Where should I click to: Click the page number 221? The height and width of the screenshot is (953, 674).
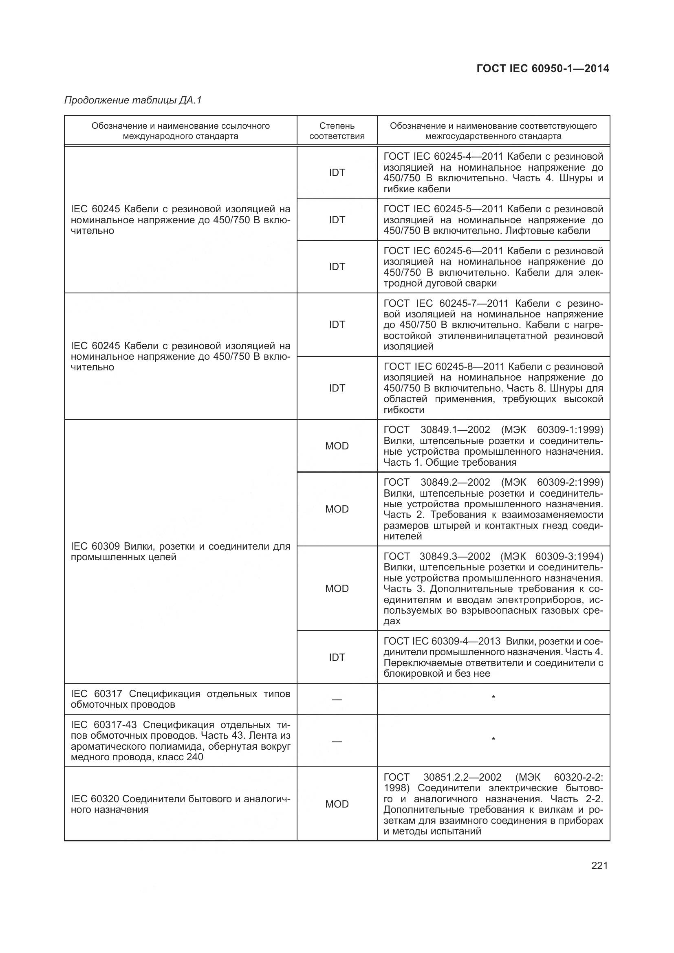pyautogui.click(x=599, y=865)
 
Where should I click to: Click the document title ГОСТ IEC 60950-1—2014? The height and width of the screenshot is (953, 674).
pyautogui.click(x=542, y=68)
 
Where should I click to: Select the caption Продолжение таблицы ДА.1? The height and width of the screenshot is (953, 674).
pyautogui.click(x=133, y=101)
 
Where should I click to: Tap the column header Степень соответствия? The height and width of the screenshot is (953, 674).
pyautogui.click(x=337, y=131)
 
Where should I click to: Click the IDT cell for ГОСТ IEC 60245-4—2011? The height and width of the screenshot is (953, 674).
pyautogui.click(x=337, y=173)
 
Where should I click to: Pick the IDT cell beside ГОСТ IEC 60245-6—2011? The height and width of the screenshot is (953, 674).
pyautogui.click(x=337, y=267)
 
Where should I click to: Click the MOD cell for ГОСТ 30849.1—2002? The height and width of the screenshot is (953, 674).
pyautogui.click(x=337, y=446)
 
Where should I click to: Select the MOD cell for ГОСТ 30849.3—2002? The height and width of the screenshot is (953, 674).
pyautogui.click(x=337, y=588)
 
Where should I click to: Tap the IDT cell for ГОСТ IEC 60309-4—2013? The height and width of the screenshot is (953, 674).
pyautogui.click(x=337, y=657)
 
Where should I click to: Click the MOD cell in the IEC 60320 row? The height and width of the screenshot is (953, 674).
pyautogui.click(x=337, y=804)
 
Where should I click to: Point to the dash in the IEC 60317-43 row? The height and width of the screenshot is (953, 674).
pyautogui.click(x=337, y=741)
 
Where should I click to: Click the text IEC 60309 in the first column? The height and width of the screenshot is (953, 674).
pyautogui.click(x=96, y=546)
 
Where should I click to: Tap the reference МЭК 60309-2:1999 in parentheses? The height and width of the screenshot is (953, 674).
pyautogui.click(x=552, y=482)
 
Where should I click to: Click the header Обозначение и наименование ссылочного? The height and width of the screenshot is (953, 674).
pyautogui.click(x=181, y=126)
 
